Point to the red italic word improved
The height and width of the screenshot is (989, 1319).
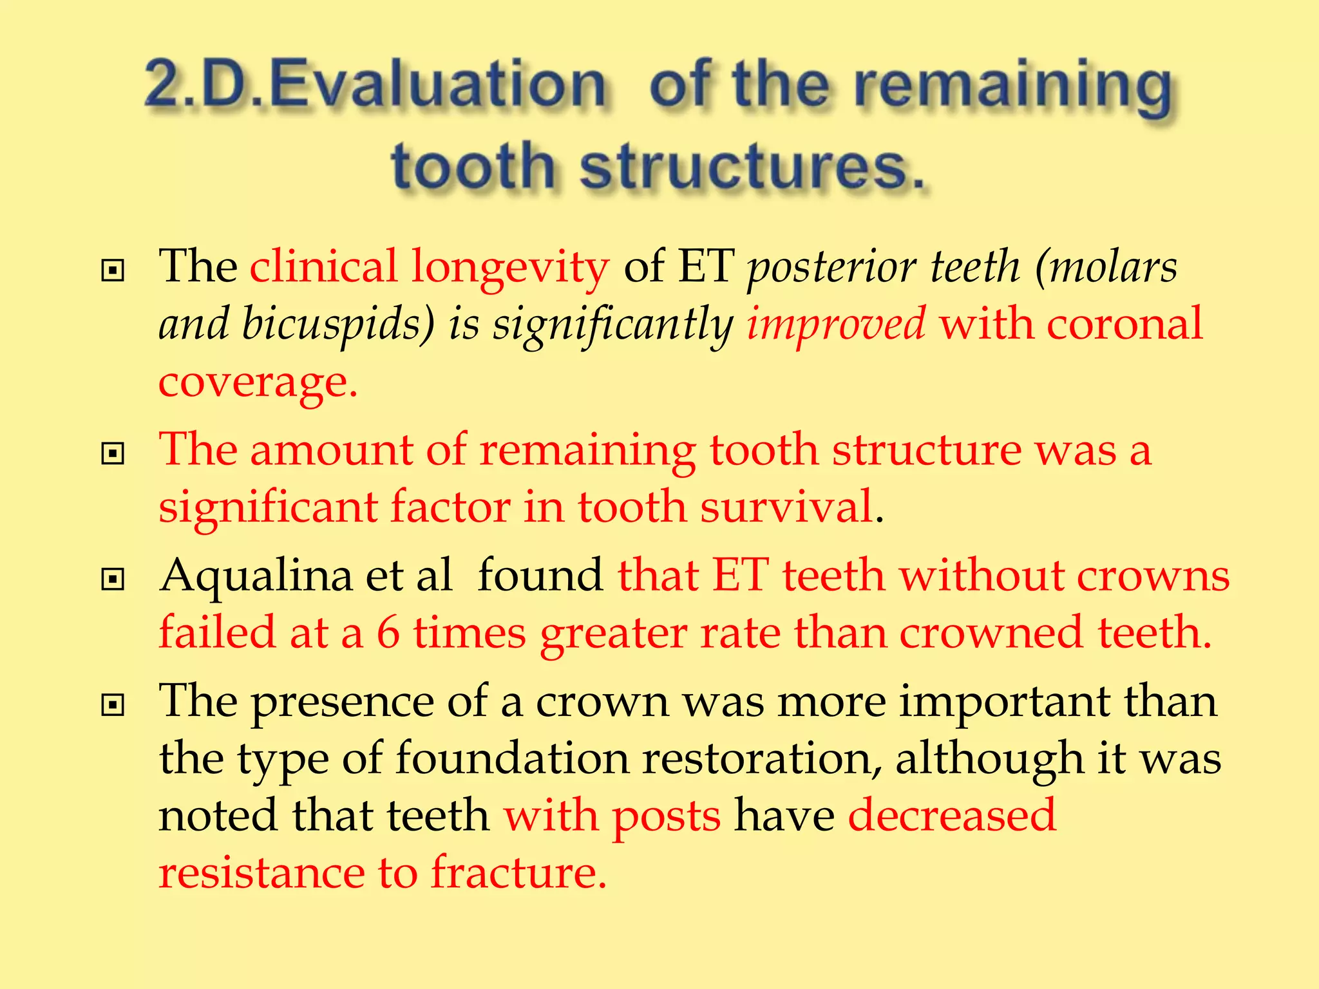[836, 324]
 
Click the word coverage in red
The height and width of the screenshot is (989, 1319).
[258, 381]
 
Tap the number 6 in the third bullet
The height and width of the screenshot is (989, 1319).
[388, 632]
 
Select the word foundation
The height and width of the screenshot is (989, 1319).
[512, 758]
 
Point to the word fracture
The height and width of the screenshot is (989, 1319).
[518, 873]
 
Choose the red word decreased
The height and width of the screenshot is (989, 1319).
[952, 815]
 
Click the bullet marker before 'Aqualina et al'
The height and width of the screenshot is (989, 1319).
[113, 579]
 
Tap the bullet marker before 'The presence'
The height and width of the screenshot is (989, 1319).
[113, 705]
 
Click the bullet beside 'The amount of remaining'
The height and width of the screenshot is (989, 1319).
[113, 454]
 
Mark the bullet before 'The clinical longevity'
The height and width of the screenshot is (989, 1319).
[113, 270]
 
